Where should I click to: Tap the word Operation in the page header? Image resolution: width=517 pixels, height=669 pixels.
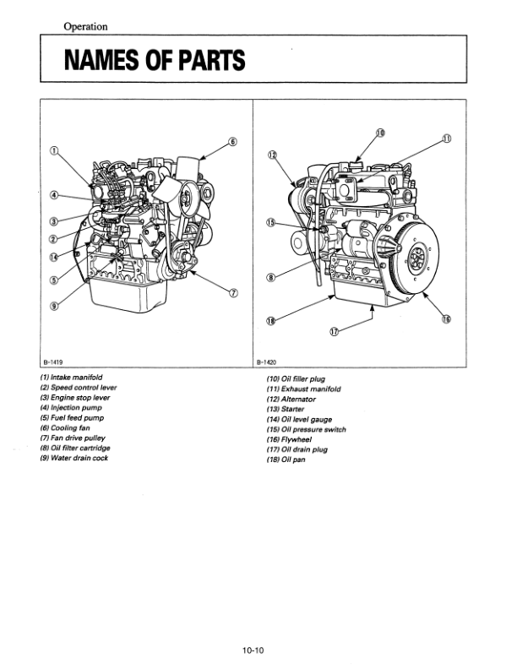[85, 26]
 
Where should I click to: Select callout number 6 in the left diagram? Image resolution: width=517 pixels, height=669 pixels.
[232, 141]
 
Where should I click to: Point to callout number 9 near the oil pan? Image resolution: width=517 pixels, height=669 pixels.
[54, 305]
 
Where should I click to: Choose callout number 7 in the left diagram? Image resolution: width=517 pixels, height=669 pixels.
[234, 292]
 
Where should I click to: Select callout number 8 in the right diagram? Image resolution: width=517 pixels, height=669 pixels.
[270, 277]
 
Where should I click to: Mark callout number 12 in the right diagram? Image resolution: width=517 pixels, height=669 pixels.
[272, 155]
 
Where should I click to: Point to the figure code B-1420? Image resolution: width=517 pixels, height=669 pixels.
[267, 360]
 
